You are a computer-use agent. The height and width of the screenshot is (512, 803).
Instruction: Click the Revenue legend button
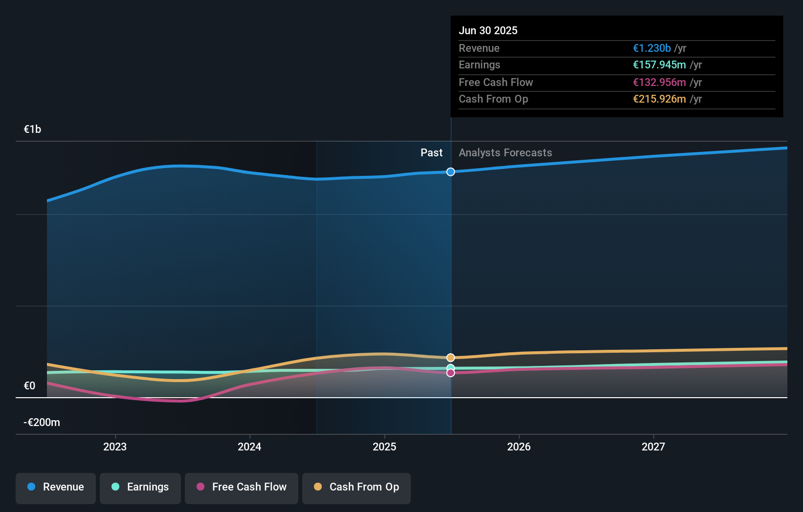click(56, 488)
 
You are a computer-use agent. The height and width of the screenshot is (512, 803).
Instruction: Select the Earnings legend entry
click(140, 488)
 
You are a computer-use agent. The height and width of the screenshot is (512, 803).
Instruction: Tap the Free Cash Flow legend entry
click(242, 488)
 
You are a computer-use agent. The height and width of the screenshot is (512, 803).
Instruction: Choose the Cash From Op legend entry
click(357, 488)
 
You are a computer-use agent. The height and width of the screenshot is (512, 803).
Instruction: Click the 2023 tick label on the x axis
click(115, 447)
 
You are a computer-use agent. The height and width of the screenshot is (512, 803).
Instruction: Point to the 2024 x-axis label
click(249, 447)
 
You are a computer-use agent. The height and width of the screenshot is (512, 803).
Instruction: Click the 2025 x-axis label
click(384, 447)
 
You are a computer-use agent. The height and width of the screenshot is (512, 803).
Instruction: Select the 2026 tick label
click(519, 447)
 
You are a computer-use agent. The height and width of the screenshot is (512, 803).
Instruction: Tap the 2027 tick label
click(653, 447)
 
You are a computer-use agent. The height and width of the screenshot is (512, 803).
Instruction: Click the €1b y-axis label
click(33, 129)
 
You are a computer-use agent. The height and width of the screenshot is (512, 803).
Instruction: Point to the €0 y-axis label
click(30, 386)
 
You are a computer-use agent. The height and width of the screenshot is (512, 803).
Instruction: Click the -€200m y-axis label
click(42, 423)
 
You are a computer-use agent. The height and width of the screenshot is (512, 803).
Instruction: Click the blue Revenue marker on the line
click(450, 172)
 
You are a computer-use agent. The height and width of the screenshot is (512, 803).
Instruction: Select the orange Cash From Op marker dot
click(450, 358)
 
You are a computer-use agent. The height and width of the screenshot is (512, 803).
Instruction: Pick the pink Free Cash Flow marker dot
click(450, 373)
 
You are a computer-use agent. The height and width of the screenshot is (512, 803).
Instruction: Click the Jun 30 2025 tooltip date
click(488, 31)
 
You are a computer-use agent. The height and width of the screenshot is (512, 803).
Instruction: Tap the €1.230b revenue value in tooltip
click(652, 48)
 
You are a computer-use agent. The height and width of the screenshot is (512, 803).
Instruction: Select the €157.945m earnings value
click(659, 65)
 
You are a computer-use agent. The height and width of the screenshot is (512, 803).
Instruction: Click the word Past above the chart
click(431, 153)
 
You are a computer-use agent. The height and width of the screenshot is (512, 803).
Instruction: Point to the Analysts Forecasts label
click(505, 153)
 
